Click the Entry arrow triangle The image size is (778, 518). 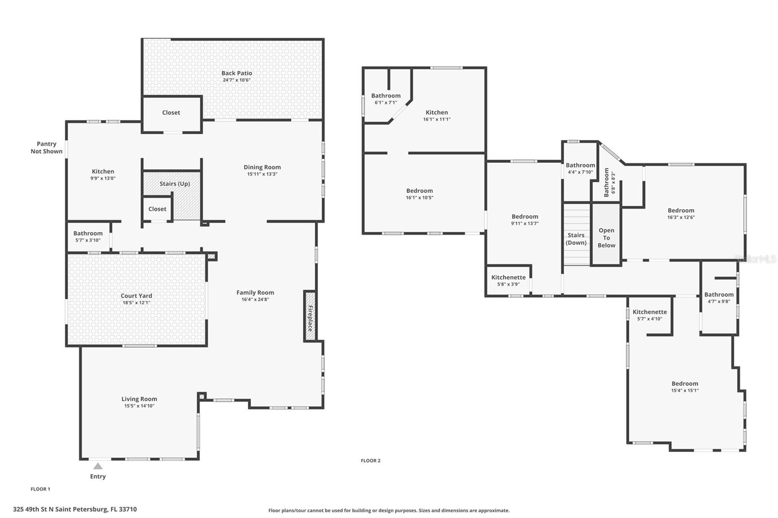(98, 466)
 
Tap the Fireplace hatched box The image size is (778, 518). (310, 316)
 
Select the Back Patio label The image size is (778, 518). (237, 73)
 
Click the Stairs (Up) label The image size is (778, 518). (175, 184)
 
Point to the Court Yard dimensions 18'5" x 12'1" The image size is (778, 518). (136, 303)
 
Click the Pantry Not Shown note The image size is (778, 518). (47, 148)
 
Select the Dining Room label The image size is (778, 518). (262, 167)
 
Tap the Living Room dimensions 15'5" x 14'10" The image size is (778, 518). (139, 406)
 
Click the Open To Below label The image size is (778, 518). (606, 238)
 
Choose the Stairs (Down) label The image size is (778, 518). (576, 239)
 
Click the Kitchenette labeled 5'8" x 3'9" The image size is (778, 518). (508, 277)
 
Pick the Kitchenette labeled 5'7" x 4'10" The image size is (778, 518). (650, 312)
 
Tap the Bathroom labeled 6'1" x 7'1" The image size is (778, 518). (386, 96)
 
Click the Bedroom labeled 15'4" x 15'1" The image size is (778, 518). (685, 383)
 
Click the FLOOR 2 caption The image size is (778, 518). (371, 461)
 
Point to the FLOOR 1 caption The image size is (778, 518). (40, 489)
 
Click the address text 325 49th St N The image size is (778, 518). (75, 509)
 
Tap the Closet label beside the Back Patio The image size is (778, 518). (171, 112)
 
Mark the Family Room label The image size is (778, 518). (255, 293)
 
